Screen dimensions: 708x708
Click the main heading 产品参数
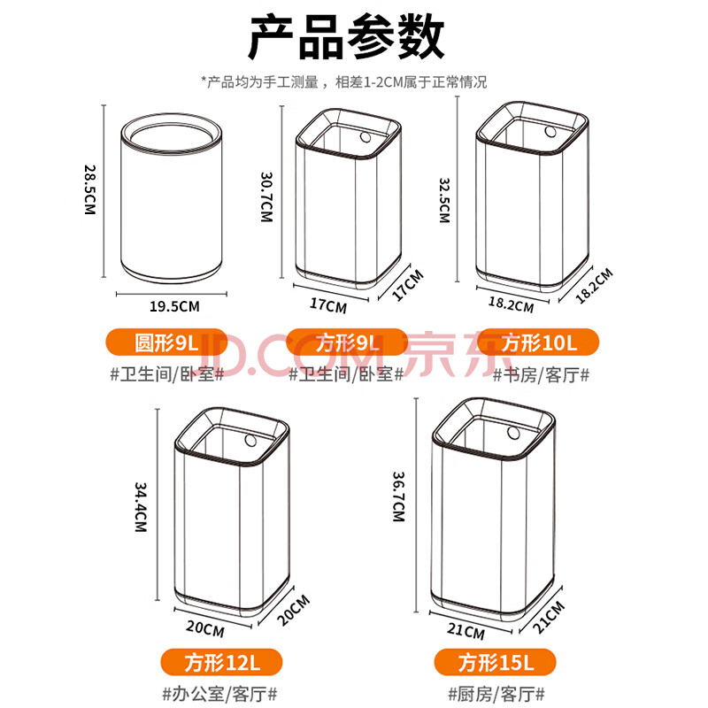pyautogui.click(x=346, y=38)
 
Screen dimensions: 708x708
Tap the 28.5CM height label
pyautogui.click(x=90, y=189)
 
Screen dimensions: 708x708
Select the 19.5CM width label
pyautogui.click(x=174, y=306)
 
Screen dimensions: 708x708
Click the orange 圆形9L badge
pyautogui.click(x=166, y=342)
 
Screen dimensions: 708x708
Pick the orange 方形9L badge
pyautogui.click(x=347, y=342)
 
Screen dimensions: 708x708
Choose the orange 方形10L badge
pyautogui.click(x=538, y=342)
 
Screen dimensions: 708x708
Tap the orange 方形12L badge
pyautogui.click(x=222, y=662)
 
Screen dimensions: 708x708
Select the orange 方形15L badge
pyautogui.click(x=496, y=662)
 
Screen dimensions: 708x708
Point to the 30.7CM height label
pyautogui.click(x=267, y=196)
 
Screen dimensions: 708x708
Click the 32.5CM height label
pyautogui.click(x=445, y=201)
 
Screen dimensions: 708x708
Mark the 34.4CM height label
pyautogui.click(x=141, y=507)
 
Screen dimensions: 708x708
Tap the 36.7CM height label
pyautogui.click(x=399, y=496)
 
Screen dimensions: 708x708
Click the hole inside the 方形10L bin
pyautogui.click(x=550, y=131)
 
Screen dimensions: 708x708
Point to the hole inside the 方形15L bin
pyautogui.click(x=513, y=432)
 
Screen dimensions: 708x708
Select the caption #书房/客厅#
pyautogui.click(x=541, y=374)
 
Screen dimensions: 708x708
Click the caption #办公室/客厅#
pyautogui.click(x=219, y=694)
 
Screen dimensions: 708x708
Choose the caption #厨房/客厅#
pyautogui.click(x=496, y=694)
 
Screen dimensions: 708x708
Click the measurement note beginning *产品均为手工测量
pyautogui.click(x=344, y=82)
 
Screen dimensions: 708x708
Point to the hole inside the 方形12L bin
pyautogui.click(x=250, y=440)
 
